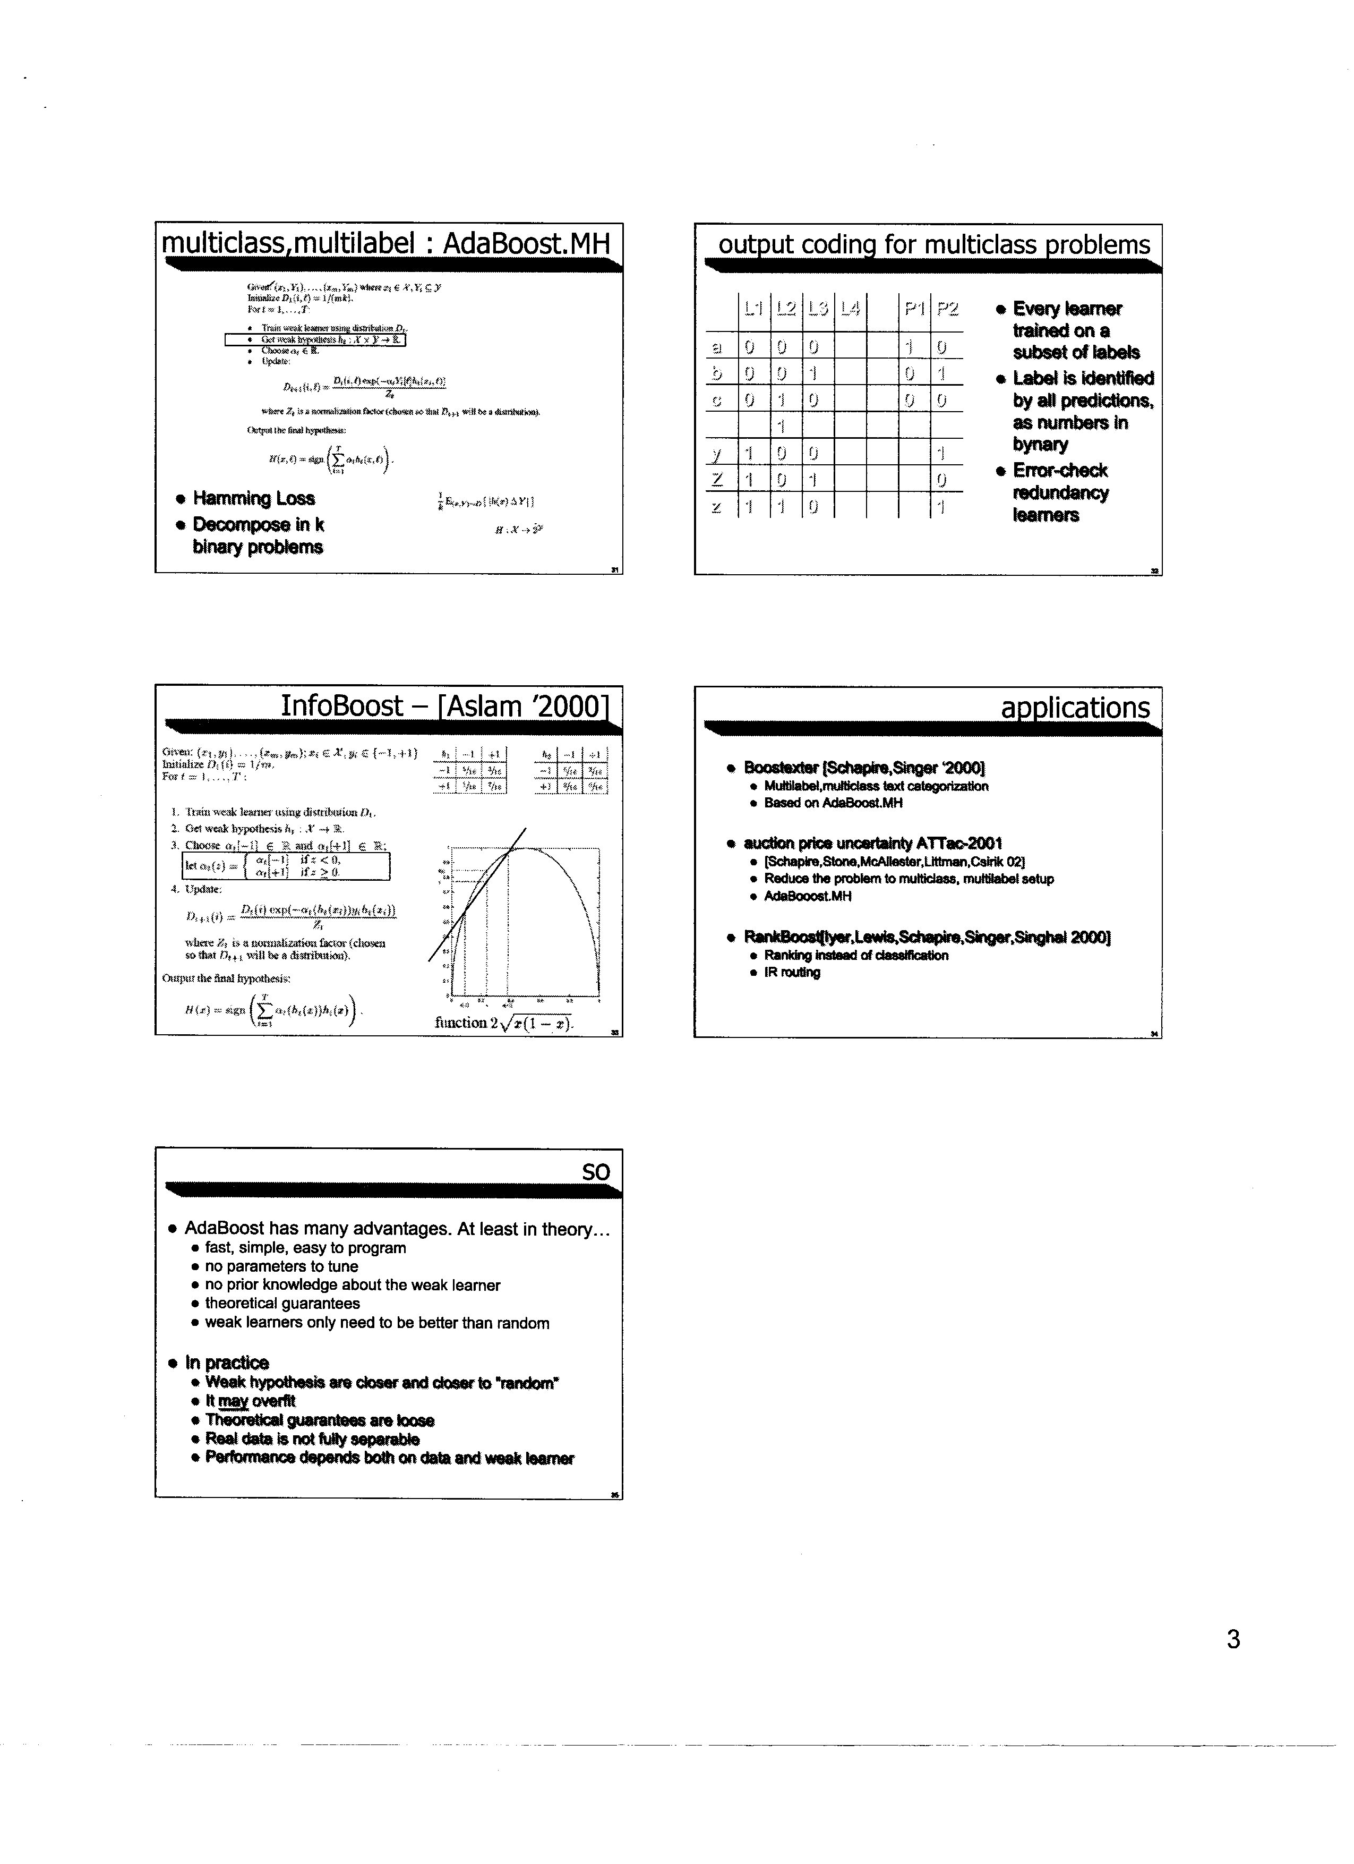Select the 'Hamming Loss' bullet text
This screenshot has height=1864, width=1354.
253,498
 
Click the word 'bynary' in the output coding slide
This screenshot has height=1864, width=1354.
1040,445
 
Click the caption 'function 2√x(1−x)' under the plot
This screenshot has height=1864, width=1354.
504,1023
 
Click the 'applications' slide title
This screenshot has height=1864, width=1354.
1075,708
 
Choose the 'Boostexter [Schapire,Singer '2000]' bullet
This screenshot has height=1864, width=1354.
864,768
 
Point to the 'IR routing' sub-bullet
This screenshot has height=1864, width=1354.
792,972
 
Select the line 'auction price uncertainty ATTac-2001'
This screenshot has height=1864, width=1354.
872,843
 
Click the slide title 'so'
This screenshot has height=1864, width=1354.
596,1172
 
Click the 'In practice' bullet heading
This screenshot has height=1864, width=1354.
227,1363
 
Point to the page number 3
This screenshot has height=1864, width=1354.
1232,1640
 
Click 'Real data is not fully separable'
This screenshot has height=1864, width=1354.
312,1439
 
